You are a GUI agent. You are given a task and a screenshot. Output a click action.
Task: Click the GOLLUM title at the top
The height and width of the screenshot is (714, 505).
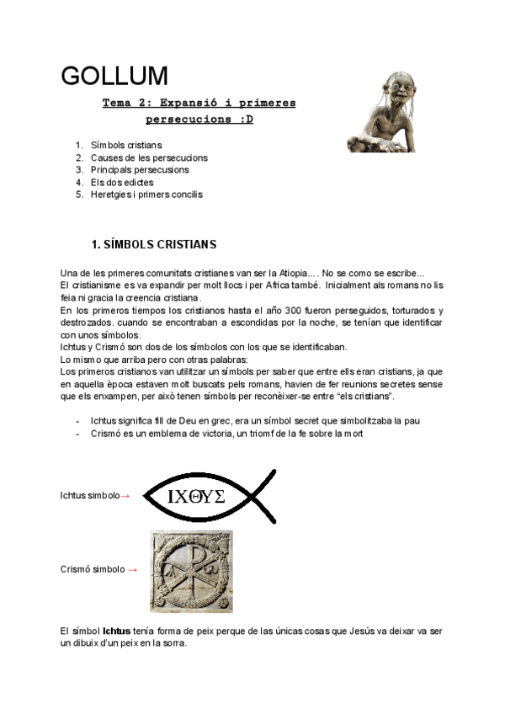pyautogui.click(x=114, y=76)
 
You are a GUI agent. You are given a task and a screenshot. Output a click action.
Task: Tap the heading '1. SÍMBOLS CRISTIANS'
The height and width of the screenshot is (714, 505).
pyautogui.click(x=153, y=245)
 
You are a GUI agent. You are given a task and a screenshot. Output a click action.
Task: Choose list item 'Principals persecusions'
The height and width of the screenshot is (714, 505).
pyautogui.click(x=140, y=169)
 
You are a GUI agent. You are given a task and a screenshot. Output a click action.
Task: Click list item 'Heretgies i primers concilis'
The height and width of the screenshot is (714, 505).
pyautogui.click(x=146, y=194)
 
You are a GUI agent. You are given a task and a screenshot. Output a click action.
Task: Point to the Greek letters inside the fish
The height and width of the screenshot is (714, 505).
pyautogui.click(x=196, y=497)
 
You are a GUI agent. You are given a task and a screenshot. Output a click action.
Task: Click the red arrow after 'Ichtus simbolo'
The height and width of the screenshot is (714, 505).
pyautogui.click(x=125, y=496)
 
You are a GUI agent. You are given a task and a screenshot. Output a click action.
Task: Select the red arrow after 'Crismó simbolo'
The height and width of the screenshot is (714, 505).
pyautogui.click(x=132, y=570)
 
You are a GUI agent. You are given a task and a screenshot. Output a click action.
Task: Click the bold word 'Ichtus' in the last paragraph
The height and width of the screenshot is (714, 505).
pyautogui.click(x=116, y=630)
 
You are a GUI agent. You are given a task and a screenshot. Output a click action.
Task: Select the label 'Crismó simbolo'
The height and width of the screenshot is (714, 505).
pyautogui.click(x=93, y=570)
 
